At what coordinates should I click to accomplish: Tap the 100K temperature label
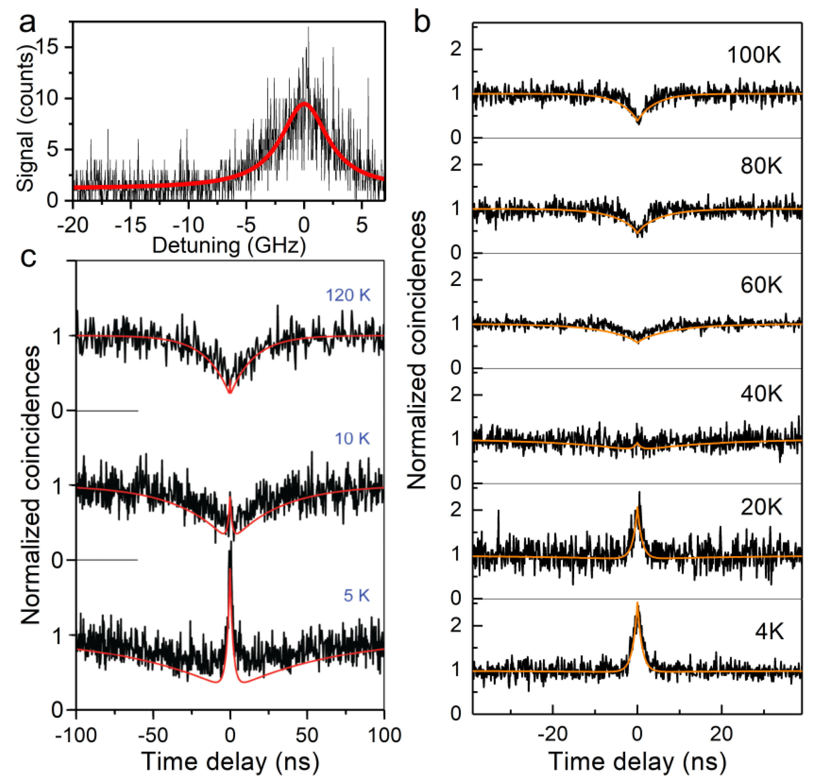point(753,55)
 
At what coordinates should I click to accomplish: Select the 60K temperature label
point(761,285)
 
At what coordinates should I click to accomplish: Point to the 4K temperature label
point(769,632)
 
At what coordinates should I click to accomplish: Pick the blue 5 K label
point(356,596)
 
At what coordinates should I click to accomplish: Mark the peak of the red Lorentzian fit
point(304,103)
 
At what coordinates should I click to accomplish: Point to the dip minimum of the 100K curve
point(638,121)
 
